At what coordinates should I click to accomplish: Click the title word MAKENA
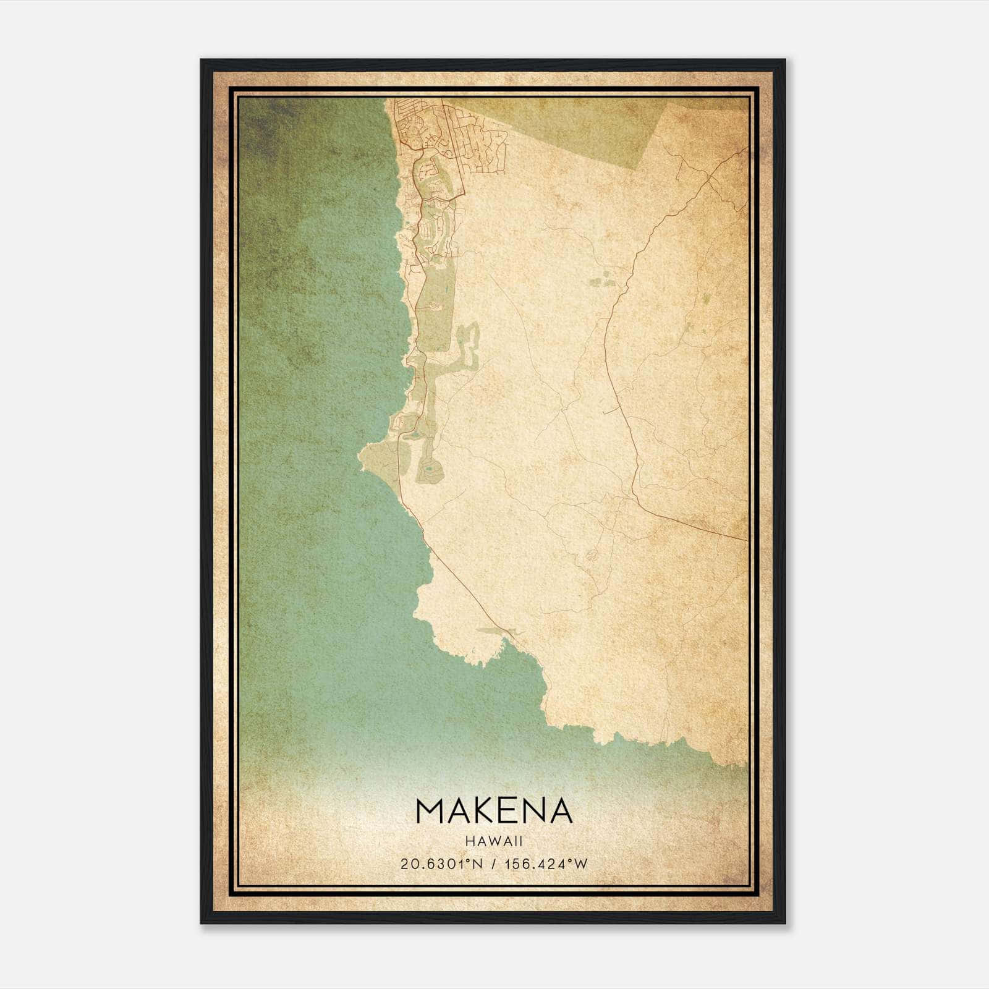coord(494,810)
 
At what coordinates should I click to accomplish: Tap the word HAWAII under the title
coord(494,841)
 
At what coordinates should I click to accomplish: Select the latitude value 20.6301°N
coord(441,864)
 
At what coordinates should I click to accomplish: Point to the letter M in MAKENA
coord(432,810)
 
